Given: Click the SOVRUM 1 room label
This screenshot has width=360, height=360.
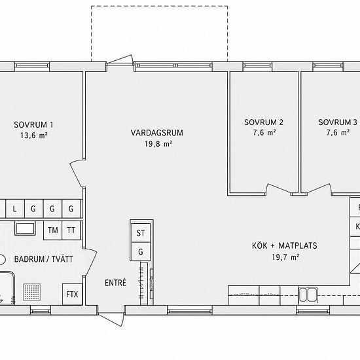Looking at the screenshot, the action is tap(33, 125).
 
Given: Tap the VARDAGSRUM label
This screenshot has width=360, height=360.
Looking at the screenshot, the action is tap(157, 133).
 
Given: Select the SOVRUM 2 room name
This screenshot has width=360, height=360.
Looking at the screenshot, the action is tap(264, 122).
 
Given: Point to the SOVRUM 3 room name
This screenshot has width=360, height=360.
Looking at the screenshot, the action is tap(338, 122).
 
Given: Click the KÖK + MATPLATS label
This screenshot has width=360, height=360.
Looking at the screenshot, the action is tap(285, 245).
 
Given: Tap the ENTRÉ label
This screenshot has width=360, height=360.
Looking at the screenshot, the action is tap(115, 283).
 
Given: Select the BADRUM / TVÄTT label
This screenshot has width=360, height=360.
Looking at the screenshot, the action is tap(44, 259).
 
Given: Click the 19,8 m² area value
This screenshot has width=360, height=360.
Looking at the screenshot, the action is tap(158, 144).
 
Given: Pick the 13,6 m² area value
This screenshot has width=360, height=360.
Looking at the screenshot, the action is tap(34, 135).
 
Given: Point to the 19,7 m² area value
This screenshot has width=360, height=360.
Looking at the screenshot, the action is tap(285, 257).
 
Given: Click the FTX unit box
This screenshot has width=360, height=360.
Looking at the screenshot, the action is tap(72, 294).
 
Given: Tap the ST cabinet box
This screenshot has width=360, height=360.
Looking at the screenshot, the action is tap(141, 233).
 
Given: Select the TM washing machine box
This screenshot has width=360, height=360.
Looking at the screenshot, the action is tap(53, 230).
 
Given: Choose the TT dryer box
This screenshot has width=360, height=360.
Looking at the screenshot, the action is tap(71, 230).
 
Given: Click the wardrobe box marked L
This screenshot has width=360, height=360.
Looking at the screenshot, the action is tap(15, 209).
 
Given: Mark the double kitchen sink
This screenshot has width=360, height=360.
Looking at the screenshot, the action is tap(308, 295).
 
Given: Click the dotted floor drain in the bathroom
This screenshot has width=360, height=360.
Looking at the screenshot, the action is tap(32, 293).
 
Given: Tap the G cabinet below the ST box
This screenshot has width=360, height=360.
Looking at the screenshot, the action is tap(141, 251).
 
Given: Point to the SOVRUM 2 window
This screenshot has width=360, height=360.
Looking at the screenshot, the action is tap(257, 65).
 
